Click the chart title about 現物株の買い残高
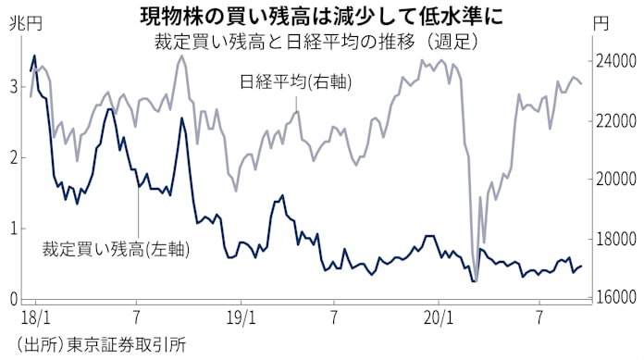(323, 15)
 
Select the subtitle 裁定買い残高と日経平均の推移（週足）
(323, 43)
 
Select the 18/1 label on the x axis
(37, 318)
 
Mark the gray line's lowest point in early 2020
(474, 280)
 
